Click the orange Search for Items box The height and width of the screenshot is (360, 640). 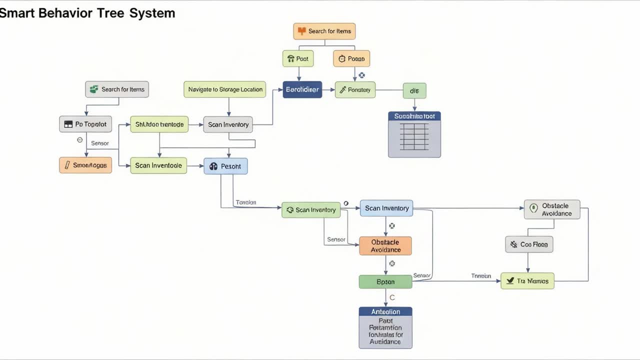click(x=324, y=31)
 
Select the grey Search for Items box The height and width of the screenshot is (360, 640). click(x=117, y=89)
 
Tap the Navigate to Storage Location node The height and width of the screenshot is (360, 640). click(x=225, y=89)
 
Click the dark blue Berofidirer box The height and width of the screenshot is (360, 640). click(x=302, y=90)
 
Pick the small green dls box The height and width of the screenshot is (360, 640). click(x=414, y=90)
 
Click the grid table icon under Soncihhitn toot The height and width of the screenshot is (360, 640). click(x=414, y=137)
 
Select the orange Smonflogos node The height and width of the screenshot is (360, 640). click(x=85, y=165)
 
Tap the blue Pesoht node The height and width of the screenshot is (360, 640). click(x=225, y=166)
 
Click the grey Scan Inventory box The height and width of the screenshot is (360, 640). click(x=228, y=124)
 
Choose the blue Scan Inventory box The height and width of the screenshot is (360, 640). click(x=386, y=208)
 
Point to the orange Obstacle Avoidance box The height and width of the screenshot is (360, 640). click(x=385, y=246)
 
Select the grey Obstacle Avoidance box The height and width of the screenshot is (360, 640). click(x=552, y=209)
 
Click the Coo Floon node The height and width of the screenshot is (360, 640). click(x=529, y=244)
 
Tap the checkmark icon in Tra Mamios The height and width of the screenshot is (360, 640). click(x=510, y=281)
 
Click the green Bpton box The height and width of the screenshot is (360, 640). click(x=385, y=281)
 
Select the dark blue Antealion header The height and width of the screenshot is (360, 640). click(x=385, y=311)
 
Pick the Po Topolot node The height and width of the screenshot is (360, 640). click(x=85, y=124)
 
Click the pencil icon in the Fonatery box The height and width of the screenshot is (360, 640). click(x=342, y=90)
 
